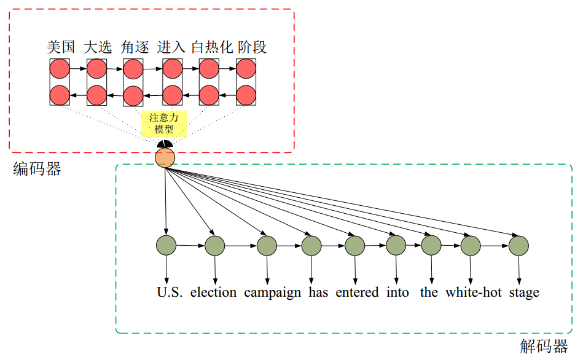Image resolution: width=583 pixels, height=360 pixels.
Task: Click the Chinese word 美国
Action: click(61, 47)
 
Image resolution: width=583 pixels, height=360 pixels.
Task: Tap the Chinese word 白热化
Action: click(212, 47)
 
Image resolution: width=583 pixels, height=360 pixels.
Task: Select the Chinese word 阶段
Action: click(252, 47)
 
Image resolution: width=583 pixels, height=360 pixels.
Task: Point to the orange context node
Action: click(165, 158)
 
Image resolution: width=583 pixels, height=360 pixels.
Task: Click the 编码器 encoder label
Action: click(37, 170)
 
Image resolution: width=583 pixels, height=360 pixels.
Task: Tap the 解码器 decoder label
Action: click(544, 346)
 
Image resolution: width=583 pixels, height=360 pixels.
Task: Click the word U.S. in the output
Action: click(170, 292)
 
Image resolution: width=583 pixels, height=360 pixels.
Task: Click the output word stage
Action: click(524, 292)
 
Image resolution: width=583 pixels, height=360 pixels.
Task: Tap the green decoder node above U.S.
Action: click(166, 245)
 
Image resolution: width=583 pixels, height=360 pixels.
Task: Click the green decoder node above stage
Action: click(518, 245)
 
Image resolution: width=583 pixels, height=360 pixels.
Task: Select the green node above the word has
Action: click(311, 245)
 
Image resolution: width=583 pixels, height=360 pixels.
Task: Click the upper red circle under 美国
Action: click(60, 69)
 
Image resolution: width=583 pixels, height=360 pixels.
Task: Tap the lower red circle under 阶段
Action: click(246, 95)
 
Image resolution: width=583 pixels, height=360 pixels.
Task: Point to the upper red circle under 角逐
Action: click(133, 69)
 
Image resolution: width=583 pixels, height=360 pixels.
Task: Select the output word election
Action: click(213, 292)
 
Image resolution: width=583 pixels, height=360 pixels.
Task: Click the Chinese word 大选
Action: click(98, 47)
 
